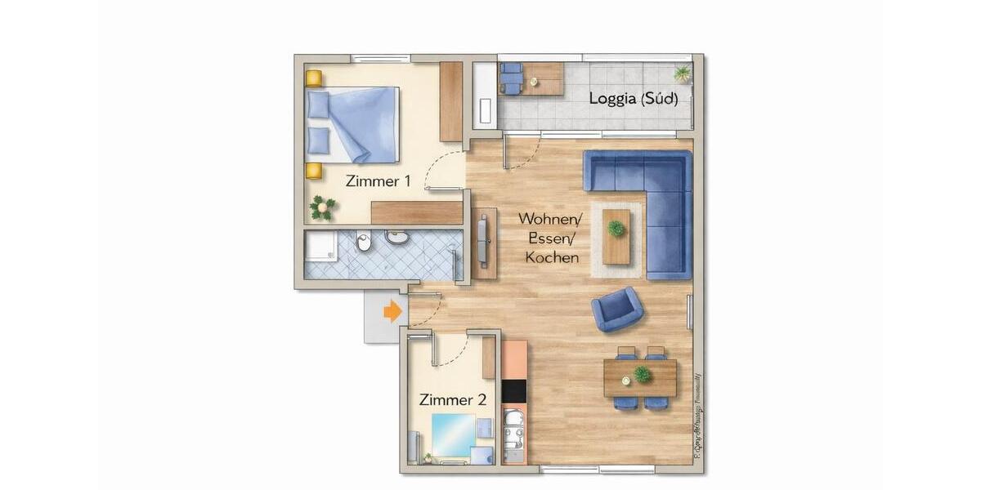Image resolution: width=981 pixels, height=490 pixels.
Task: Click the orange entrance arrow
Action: pos(393,311)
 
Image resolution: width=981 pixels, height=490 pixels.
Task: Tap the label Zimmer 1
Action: pos(378,181)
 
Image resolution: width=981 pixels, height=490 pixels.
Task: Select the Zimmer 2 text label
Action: pos(453,400)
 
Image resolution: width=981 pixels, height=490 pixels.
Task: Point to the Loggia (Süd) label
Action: pos(632,99)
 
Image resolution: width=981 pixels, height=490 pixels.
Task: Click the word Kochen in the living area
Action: pos(552,257)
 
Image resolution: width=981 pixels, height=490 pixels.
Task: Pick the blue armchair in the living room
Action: pos(617,309)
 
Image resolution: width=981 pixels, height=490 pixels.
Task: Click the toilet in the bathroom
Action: pos(365,242)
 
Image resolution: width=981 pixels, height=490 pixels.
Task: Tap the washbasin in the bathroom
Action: pos(397,238)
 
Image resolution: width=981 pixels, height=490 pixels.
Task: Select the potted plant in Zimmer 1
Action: pos(322,207)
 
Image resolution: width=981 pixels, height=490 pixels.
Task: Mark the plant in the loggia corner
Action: pos(682,73)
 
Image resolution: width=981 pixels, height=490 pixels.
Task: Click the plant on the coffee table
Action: pos(616,229)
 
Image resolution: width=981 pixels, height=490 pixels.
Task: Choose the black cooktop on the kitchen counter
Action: pos(513,391)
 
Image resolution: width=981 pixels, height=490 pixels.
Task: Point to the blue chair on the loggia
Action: pos(511,78)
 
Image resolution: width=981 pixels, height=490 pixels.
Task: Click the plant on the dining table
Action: pos(643,374)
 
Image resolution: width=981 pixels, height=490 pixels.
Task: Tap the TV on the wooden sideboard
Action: pos(483,239)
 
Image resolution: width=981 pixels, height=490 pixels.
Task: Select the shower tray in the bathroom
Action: pos(320,247)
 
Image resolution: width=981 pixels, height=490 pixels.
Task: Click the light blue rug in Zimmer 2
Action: pos(453,434)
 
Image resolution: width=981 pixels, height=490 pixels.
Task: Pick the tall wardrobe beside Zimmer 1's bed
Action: pos(450,101)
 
